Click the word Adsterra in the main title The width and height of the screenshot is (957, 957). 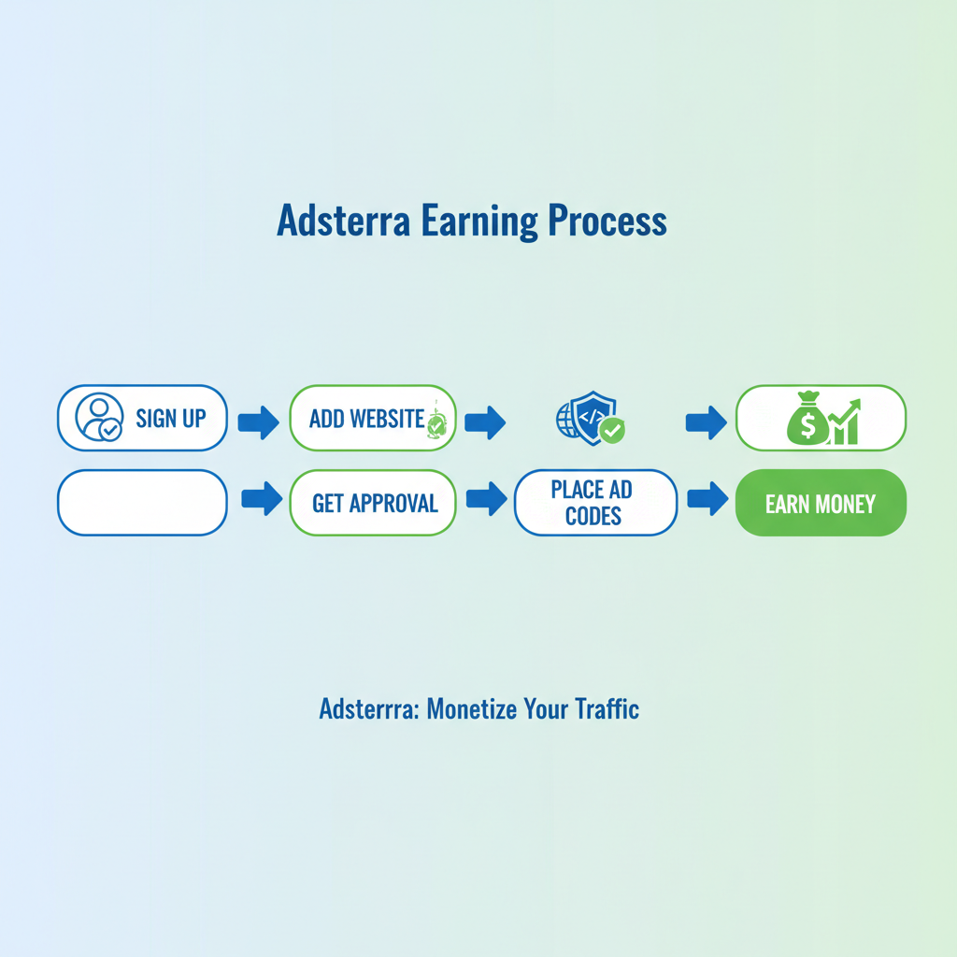342,221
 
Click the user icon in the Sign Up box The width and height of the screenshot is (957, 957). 98,417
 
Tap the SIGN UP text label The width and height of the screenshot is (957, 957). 170,418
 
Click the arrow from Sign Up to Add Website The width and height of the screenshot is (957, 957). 258,422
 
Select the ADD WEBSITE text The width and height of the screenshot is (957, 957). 366,418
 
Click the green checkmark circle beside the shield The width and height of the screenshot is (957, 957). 613,430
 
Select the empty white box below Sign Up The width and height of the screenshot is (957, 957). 142,503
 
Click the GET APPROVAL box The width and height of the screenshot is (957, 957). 374,503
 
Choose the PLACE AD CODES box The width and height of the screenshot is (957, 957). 594,503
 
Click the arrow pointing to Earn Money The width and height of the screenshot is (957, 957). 707,499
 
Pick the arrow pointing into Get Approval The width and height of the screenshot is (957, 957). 262,499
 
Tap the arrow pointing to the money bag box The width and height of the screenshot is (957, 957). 706,422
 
